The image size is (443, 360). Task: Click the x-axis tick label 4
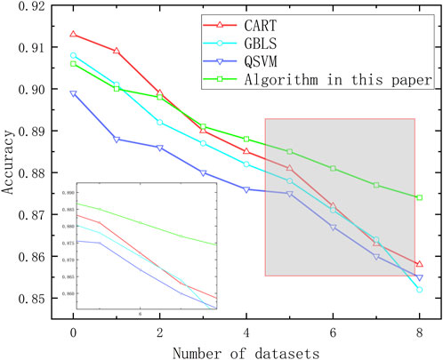click(246, 331)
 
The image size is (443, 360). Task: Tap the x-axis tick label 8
click(419, 331)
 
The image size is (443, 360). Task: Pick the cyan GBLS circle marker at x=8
click(420, 290)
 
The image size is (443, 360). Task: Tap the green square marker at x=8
click(420, 197)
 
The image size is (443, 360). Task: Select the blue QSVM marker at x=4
click(246, 189)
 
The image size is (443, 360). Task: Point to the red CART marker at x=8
click(420, 264)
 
